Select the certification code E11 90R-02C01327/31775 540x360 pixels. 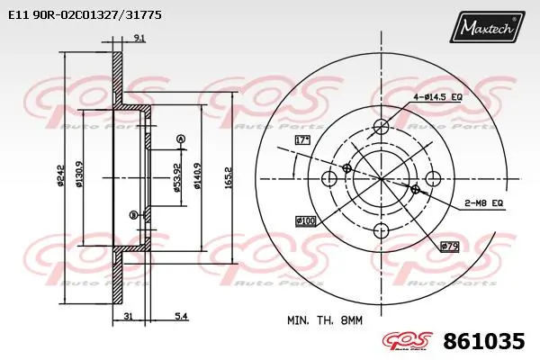coord(80,15)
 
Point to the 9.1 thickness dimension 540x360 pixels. coord(138,37)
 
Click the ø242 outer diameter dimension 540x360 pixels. coord(61,176)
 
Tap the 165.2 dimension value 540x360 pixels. coord(229,175)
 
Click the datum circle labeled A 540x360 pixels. coord(180,138)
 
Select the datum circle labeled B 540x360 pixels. coord(134,214)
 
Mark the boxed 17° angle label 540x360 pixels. coord(302,139)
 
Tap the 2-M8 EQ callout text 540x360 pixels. coord(483,203)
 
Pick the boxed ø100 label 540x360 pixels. coord(306,220)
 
